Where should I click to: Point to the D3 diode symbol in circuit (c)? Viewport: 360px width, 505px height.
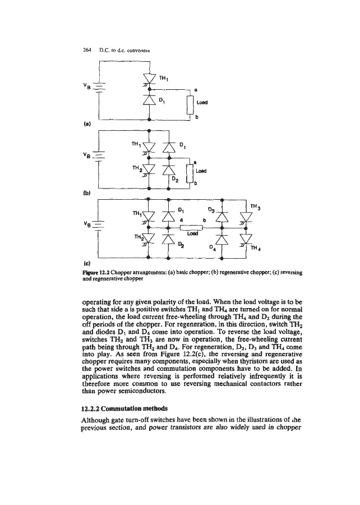[x=223, y=215]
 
